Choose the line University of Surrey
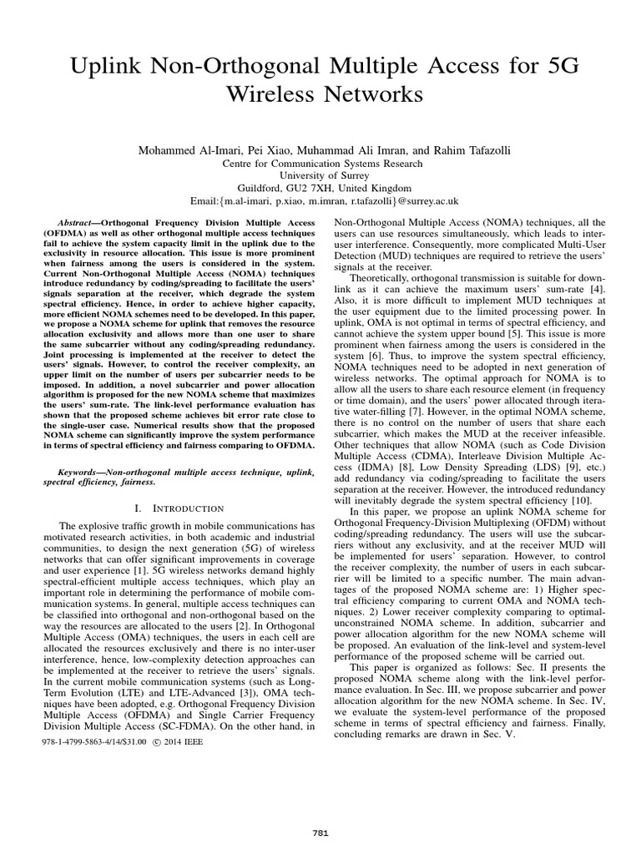[x=320, y=175]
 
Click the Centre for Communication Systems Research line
[x=320, y=163]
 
